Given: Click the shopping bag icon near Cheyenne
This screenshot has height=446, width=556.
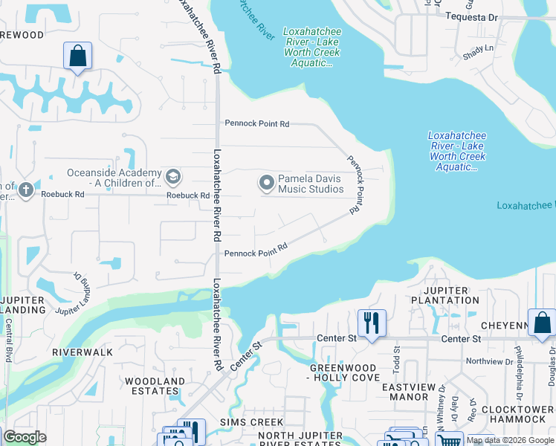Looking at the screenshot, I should tap(542, 323).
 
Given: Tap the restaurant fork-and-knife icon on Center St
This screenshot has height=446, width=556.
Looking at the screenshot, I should tap(372, 323).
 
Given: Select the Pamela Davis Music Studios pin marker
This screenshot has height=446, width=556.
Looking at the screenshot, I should tap(266, 182).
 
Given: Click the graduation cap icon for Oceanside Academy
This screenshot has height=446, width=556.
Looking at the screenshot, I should tap(173, 177).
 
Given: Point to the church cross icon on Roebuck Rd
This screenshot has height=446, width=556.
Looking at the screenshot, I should tap(26, 190).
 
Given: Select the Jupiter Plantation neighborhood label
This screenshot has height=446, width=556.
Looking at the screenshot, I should tap(446, 295).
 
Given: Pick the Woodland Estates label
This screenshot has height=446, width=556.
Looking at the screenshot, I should tap(155, 387).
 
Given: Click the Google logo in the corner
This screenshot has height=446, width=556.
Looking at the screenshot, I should tap(25, 437).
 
